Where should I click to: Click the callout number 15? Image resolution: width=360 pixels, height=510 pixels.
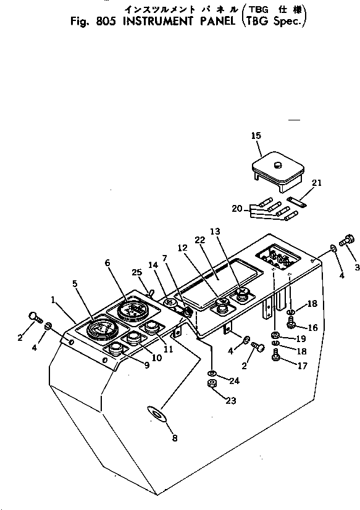tap(256, 135)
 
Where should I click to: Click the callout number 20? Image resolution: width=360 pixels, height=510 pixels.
tap(237, 209)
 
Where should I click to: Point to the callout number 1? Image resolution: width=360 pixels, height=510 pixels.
tap(54, 299)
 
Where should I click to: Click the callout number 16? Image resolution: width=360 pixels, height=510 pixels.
tap(312, 327)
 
